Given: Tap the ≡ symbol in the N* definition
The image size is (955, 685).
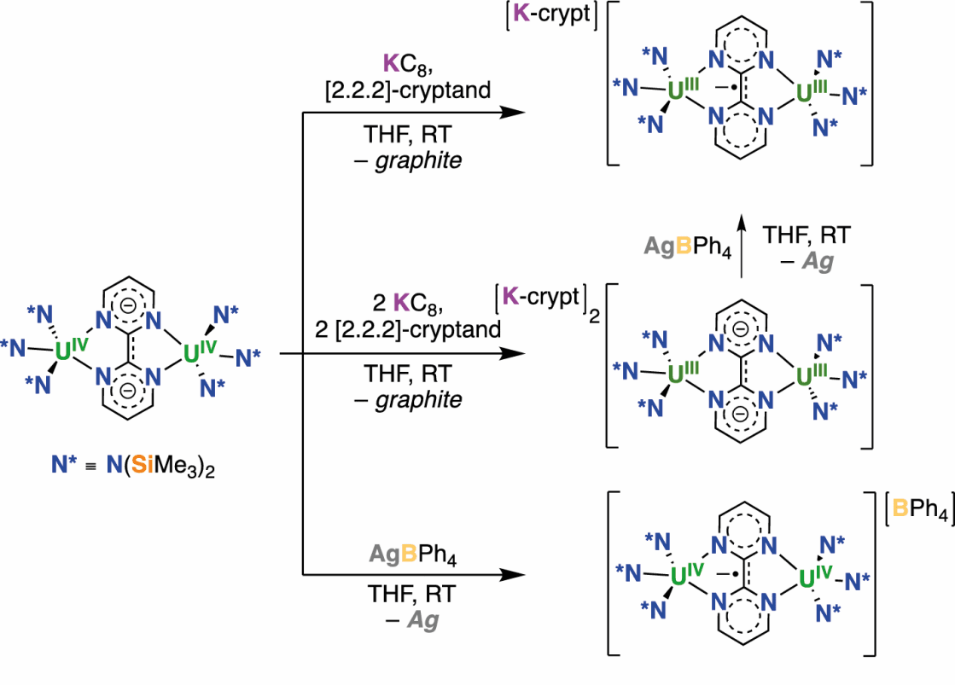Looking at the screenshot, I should pyautogui.click(x=87, y=468).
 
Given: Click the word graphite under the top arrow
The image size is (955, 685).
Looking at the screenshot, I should pyautogui.click(x=419, y=160).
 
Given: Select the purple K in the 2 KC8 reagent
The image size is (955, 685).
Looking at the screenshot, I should pyautogui.click(x=401, y=302).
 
